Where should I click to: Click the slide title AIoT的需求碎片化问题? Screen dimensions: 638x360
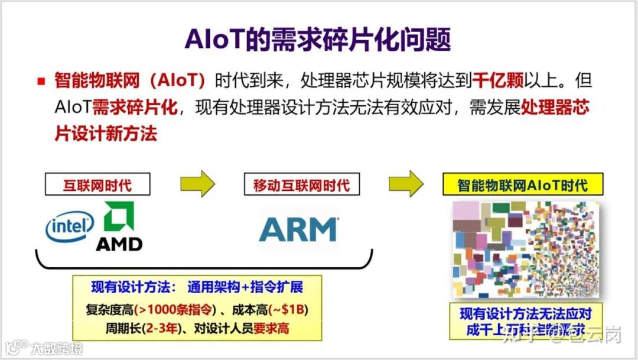[x=318, y=39]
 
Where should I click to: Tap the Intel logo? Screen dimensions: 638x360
[x=70, y=226]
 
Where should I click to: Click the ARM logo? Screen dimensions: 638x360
[x=299, y=229]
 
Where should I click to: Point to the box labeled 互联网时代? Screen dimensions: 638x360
[x=97, y=184]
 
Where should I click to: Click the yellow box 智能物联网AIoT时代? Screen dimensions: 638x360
[x=523, y=185]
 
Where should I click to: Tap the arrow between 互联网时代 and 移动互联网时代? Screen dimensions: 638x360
[x=197, y=184]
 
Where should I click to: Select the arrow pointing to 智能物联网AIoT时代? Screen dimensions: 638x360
[x=406, y=184]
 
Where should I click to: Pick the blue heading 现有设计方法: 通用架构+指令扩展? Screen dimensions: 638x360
[x=197, y=288]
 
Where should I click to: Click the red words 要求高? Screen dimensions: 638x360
[x=271, y=328]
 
